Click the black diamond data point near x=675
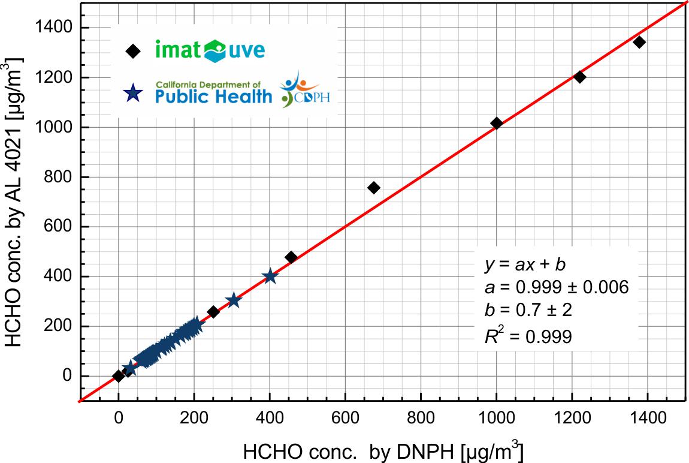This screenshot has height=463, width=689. [374, 188]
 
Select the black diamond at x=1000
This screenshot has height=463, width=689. [496, 123]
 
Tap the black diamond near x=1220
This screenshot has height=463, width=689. [579, 77]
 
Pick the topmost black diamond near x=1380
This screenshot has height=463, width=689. [639, 42]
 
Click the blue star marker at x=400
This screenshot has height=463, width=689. [270, 276]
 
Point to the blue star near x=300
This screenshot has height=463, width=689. [233, 300]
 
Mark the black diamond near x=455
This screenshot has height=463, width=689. [291, 257]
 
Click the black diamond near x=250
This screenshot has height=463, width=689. [213, 312]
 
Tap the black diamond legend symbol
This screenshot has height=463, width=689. [133, 52]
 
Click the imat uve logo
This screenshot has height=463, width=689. [210, 50]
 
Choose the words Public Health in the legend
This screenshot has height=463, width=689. [214, 96]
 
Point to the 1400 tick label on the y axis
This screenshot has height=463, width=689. [56, 28]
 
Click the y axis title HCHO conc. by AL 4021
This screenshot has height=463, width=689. [14, 202]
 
